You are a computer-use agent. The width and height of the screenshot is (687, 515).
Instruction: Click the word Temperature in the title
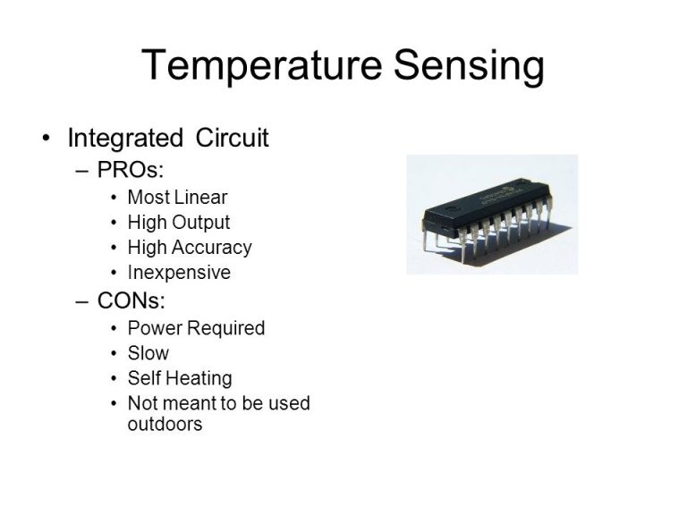point(262,64)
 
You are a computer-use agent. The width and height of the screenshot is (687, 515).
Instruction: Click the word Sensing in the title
point(469,65)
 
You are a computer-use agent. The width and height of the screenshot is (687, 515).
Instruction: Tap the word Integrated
point(125,139)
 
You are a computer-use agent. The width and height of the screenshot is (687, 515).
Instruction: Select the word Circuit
point(232,138)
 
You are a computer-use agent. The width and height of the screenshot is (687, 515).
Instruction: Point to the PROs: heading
point(131,170)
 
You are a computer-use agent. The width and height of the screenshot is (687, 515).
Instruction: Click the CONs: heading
point(131,300)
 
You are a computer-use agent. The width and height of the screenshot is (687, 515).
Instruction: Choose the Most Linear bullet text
point(177,197)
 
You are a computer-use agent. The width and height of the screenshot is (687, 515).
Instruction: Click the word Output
point(200,223)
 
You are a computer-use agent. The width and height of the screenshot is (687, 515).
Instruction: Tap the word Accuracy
point(212,248)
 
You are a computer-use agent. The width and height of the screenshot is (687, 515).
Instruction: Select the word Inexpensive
point(179,273)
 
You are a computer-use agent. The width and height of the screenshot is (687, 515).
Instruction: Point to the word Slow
point(148,353)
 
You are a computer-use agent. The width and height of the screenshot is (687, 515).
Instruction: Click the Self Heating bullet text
point(180,378)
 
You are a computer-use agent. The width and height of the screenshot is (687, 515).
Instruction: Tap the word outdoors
point(165,424)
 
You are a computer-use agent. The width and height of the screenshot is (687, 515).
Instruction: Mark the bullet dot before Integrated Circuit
point(46,139)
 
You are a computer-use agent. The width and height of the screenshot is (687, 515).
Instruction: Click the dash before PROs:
point(82,171)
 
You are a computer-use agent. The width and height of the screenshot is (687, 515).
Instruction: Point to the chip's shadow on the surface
point(517,246)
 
